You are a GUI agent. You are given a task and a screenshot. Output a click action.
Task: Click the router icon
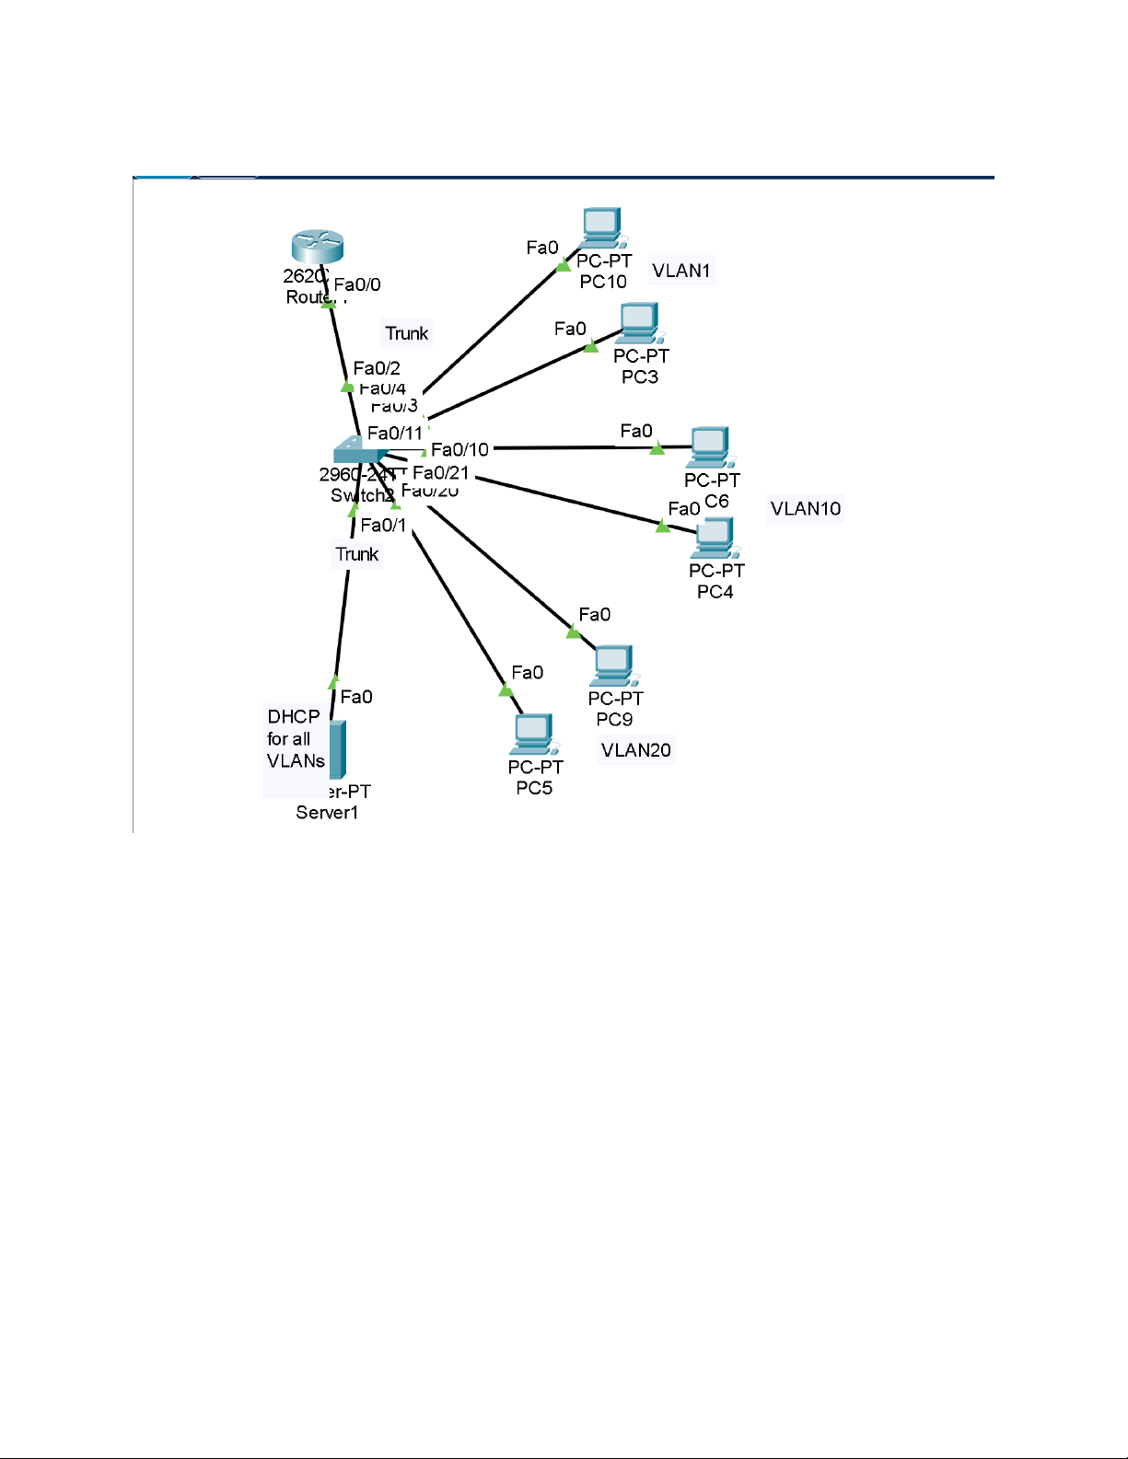(317, 247)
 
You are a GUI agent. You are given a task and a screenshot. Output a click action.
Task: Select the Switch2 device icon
(359, 449)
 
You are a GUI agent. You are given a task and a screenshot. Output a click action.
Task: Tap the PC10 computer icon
(602, 226)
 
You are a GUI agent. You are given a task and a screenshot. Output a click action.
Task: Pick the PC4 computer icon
(715, 538)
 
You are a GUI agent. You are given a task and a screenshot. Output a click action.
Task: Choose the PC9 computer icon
(614, 665)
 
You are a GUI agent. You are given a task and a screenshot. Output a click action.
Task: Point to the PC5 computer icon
(534, 734)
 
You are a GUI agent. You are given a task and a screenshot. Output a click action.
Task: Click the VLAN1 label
(681, 271)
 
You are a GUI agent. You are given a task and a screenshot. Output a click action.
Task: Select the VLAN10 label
(806, 509)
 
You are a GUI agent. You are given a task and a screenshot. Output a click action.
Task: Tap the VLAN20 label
(635, 750)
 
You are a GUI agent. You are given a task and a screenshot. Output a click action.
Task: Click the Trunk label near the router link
(407, 333)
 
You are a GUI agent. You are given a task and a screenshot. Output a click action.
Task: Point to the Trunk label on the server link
(357, 554)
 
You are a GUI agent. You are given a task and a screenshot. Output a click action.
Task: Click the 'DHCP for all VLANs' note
(296, 739)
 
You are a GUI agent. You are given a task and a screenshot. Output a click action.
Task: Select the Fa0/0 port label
(357, 284)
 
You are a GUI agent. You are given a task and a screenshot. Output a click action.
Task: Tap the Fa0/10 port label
(459, 449)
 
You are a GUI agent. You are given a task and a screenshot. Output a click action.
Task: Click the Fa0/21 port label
(441, 473)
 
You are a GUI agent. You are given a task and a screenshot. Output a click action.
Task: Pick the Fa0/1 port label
(383, 526)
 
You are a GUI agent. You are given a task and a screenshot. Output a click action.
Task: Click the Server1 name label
(327, 812)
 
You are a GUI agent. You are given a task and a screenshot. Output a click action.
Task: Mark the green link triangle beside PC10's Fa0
(564, 265)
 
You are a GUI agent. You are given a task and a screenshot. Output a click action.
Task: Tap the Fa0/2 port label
(377, 368)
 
